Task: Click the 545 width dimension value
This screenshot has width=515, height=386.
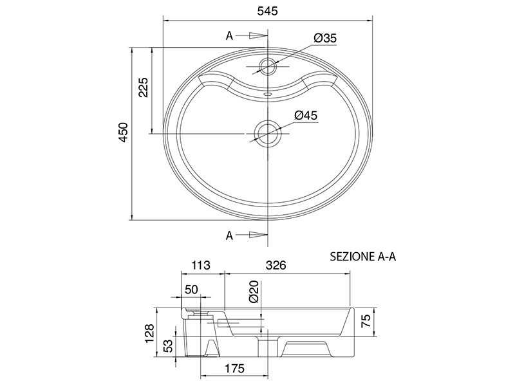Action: point(267,11)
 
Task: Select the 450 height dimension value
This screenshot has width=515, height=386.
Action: point(123,133)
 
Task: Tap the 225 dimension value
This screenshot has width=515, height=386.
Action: point(144,87)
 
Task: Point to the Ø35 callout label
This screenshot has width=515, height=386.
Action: point(325,38)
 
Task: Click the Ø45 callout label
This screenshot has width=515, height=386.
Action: point(306,116)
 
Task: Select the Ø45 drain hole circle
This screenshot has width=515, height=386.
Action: point(268,134)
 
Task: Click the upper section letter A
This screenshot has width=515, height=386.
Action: point(229,36)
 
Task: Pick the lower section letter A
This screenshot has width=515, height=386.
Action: point(229,235)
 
